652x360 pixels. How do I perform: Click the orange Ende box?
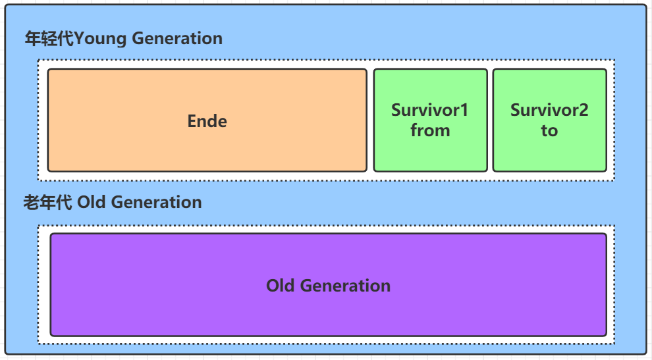[207, 120]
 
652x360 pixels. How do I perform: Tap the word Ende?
[207, 121]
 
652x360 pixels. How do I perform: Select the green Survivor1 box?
[430, 120]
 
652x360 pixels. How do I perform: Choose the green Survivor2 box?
[550, 120]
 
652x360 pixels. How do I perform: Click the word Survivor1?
[429, 110]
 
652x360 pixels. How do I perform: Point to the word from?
[430, 130]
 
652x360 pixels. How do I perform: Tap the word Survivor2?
[549, 110]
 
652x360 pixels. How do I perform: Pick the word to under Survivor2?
[549, 131]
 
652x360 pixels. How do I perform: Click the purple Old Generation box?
[329, 285]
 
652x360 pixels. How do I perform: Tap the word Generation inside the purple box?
[345, 286]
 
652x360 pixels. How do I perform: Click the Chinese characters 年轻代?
[49, 38]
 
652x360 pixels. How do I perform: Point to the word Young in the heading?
[100, 39]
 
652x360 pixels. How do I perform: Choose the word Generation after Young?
[177, 38]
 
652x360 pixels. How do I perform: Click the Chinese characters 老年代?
[47, 203]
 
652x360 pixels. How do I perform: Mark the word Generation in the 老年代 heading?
[156, 202]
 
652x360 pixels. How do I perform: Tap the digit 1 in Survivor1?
[464, 110]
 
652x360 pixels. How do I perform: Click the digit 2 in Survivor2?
[584, 110]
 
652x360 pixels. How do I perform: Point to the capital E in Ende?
[192, 121]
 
